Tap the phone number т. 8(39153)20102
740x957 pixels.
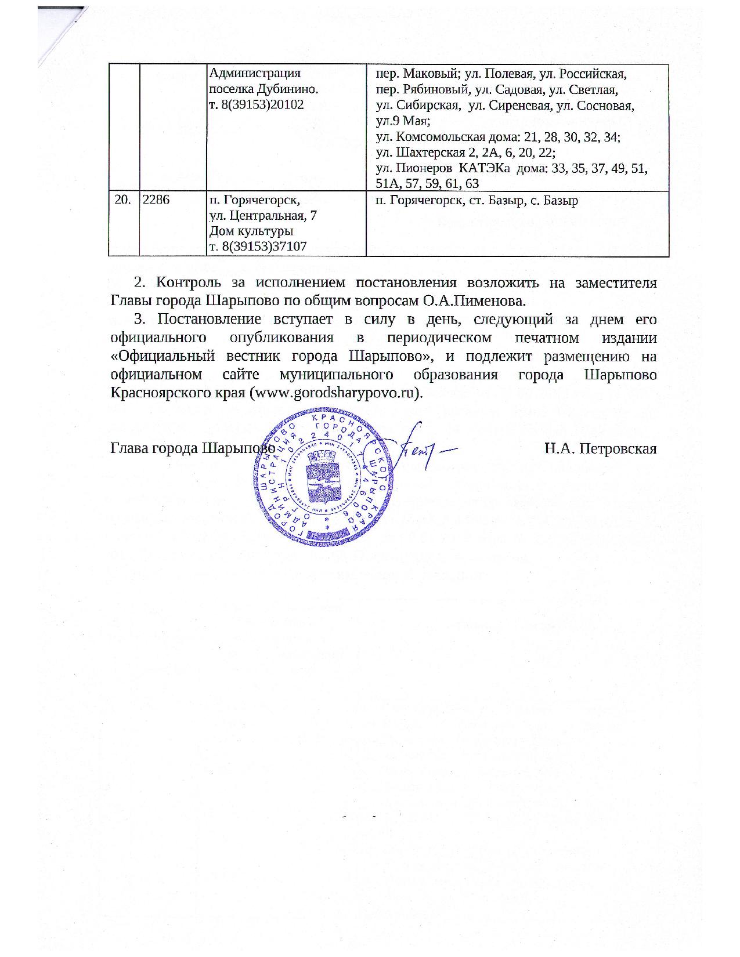tap(256, 104)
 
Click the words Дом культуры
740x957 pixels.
tap(250, 231)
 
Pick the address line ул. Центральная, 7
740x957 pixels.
tap(262, 216)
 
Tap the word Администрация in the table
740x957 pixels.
tap(254, 74)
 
